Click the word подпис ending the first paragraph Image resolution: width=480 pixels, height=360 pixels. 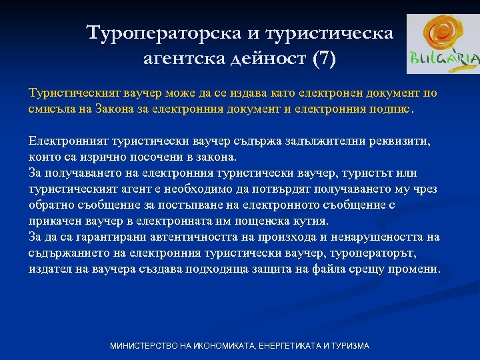tap(392, 109)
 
